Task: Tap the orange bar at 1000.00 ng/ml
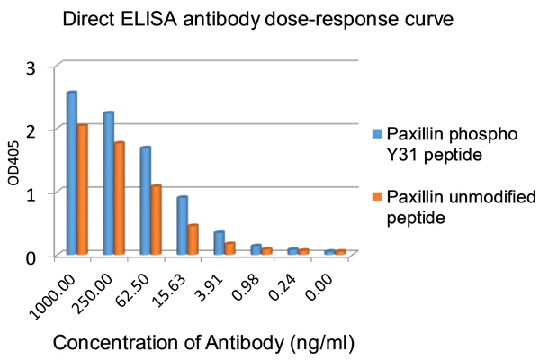click(82, 190)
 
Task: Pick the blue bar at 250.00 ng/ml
click(108, 184)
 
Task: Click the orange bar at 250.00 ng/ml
click(119, 199)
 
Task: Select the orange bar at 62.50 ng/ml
click(156, 220)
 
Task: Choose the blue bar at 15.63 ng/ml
click(182, 226)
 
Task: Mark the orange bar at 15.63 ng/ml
click(193, 240)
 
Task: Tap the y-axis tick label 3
click(31, 67)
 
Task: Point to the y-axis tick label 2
click(31, 130)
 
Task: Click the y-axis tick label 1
click(31, 193)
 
